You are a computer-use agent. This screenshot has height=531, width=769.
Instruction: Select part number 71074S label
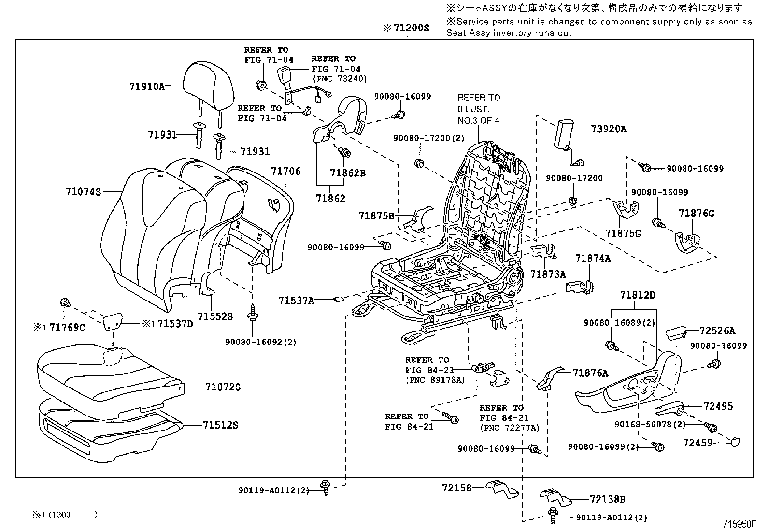tap(83, 192)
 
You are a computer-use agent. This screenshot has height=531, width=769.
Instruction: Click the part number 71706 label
tap(285, 171)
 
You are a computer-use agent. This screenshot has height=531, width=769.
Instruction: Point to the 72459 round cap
tap(734, 441)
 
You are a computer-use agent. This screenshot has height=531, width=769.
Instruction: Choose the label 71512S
tap(220, 425)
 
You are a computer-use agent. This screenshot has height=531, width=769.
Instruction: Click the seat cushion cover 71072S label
tap(222, 387)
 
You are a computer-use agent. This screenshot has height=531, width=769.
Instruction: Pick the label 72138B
tap(607, 499)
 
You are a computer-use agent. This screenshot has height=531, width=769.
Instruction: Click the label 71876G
tap(696, 213)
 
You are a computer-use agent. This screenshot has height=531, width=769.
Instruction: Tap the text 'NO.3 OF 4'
tap(479, 120)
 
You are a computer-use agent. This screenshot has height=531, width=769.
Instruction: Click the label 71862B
tap(348, 172)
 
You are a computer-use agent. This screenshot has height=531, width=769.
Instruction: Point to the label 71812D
tap(638, 295)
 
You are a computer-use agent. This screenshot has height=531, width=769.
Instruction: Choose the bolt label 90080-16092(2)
tap(261, 342)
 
